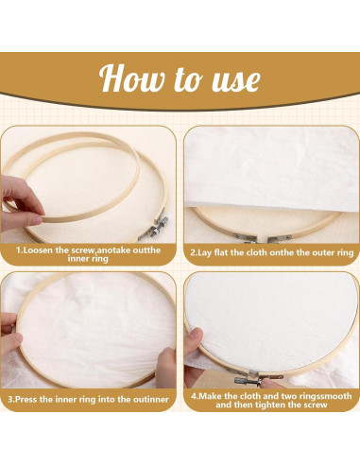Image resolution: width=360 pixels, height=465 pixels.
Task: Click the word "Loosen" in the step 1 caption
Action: [x=42, y=252]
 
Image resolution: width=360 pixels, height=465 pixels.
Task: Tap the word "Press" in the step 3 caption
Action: [x=30, y=400]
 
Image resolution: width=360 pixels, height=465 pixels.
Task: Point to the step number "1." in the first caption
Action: [x=20, y=252]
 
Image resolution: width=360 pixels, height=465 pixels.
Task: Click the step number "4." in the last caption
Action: [x=194, y=394]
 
